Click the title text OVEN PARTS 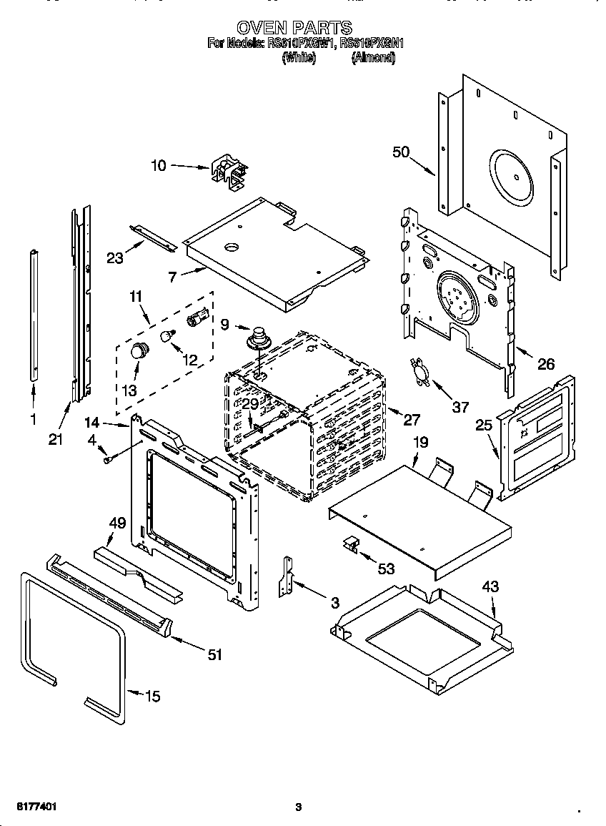coord(294,28)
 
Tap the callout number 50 coord(402,152)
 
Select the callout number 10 coord(159,166)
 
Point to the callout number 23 coord(115,258)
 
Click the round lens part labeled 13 coord(138,351)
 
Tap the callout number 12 coord(189,360)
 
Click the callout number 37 coord(461,407)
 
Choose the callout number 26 coord(545,364)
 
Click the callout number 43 coord(490,586)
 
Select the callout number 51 coord(214,654)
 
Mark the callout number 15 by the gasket coord(153,696)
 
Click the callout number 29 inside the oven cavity coord(249,404)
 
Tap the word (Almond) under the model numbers coord(373,59)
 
